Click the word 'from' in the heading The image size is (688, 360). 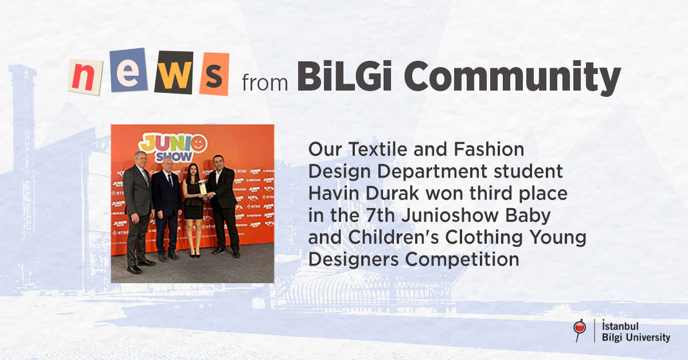(x=265, y=83)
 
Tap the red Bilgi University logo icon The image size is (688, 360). (x=579, y=329)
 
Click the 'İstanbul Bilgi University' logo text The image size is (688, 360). (x=635, y=331)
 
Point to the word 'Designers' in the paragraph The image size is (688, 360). (x=354, y=259)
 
